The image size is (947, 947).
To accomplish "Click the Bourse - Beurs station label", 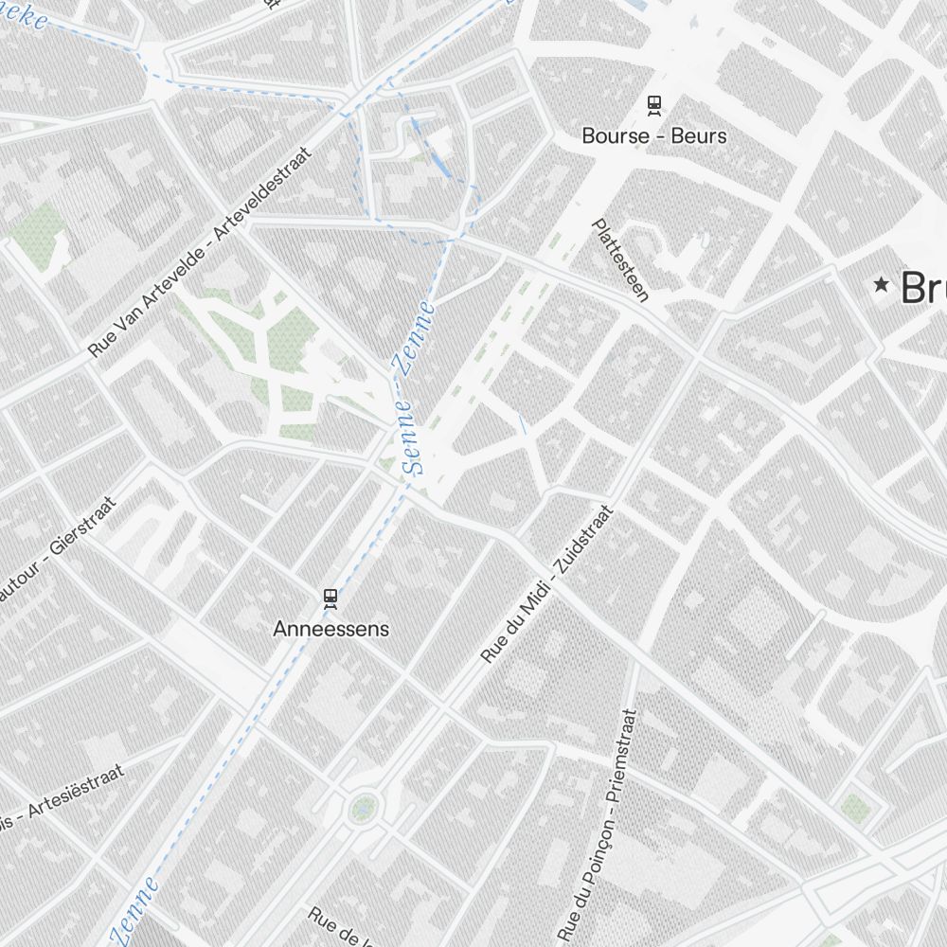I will click(x=653, y=135).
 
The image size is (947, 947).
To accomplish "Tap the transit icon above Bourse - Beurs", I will click(x=653, y=103).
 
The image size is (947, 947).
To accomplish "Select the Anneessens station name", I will click(x=331, y=628).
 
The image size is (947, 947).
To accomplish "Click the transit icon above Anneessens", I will click(x=330, y=597).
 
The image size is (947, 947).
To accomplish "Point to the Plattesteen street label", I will click(x=620, y=260).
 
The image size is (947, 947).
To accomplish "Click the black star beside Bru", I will click(x=882, y=284).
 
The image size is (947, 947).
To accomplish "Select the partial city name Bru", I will click(x=923, y=287).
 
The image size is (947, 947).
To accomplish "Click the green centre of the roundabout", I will click(x=362, y=807).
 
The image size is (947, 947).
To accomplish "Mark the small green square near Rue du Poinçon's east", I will click(x=855, y=808).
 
